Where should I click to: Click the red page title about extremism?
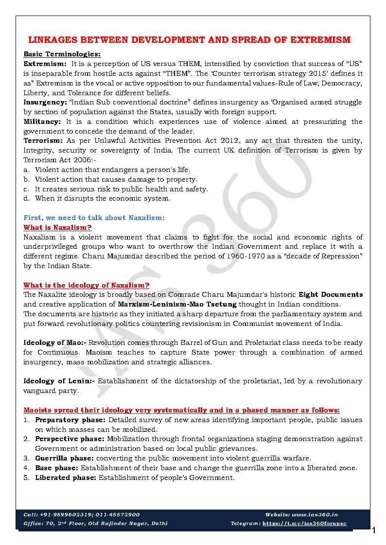pos(189,40)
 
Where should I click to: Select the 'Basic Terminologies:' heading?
pos(62,54)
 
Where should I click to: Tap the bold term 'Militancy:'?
pos(42,121)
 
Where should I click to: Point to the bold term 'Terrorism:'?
pos(43,141)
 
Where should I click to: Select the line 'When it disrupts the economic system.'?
pos(102,199)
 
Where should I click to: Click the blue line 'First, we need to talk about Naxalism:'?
pos(94,218)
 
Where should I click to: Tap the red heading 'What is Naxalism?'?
pos(57,227)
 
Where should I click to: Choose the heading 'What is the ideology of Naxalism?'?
pos(86,285)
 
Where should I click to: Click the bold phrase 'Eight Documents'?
pos(331,295)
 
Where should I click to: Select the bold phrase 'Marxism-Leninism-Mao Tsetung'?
pos(177,305)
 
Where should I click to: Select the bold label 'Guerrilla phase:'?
pos(65,458)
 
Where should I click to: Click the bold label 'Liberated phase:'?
pos(66,477)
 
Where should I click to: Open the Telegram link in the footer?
pos(304,524)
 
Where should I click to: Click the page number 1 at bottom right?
pos(374,530)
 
